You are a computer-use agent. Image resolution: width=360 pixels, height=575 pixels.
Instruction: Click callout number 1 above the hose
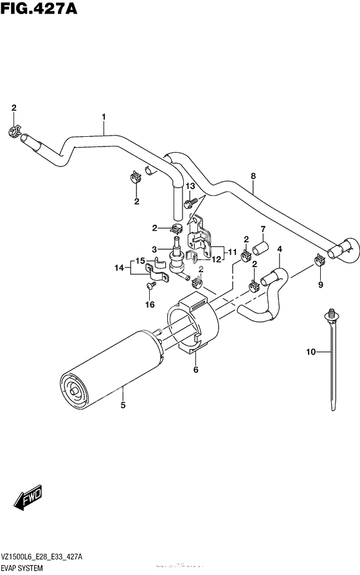coord(103,117)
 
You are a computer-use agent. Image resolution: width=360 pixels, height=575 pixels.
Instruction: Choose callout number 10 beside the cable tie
coord(310,351)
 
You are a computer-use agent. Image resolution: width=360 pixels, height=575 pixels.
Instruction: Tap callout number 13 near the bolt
coord(190,186)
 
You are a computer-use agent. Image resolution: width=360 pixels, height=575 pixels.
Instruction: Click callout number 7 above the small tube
coord(263,229)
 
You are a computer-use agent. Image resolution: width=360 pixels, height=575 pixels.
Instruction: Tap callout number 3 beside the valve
coord(155,249)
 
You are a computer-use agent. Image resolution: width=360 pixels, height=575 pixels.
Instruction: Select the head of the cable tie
coord(332,314)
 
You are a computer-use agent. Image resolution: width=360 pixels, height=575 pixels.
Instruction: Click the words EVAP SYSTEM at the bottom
coord(24,568)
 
